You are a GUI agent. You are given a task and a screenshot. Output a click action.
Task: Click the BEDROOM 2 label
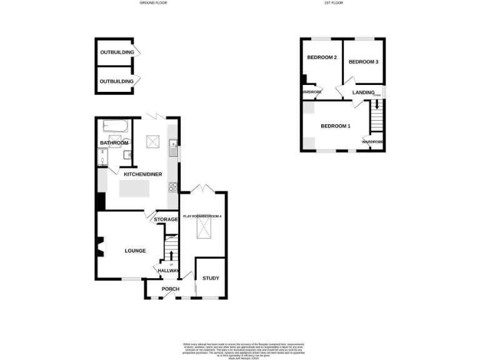(322, 57)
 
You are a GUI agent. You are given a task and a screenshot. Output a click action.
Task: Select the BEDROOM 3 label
(363, 62)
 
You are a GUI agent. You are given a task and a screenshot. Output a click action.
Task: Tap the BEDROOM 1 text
(336, 126)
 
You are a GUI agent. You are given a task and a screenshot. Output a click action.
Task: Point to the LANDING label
(363, 92)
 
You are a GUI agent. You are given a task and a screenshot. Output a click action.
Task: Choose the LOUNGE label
(135, 251)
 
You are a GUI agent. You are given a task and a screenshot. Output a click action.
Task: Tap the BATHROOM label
(114, 143)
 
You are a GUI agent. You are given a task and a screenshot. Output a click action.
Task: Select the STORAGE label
(166, 219)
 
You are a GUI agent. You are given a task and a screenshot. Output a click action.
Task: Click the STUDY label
(211, 277)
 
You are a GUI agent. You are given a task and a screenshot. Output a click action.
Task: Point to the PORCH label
(171, 289)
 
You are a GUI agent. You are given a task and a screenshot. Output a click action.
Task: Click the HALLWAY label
(168, 271)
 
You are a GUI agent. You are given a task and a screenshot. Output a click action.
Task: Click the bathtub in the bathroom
(116, 127)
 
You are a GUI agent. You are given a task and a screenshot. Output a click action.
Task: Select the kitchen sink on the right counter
(173, 148)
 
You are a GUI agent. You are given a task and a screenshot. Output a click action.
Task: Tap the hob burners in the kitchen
(172, 186)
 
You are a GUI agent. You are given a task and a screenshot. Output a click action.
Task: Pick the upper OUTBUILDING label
(117, 52)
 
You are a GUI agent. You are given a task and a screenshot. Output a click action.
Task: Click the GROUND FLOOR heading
(153, 3)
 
